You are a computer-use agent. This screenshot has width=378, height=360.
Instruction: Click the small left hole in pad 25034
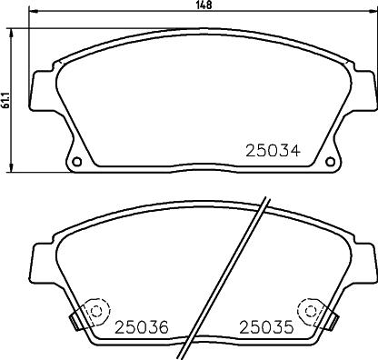(x=76, y=163)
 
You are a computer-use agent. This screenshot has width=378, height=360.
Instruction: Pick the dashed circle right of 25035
(x=314, y=312)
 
